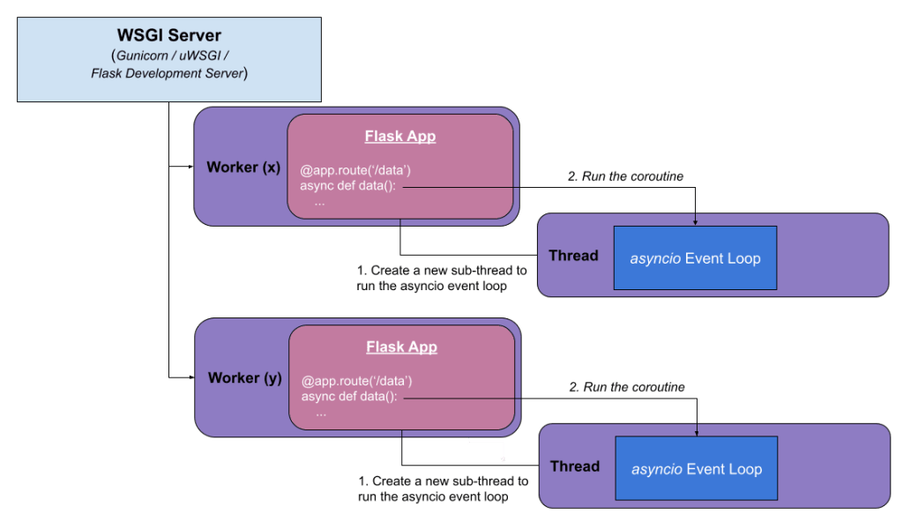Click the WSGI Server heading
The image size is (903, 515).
[168, 35]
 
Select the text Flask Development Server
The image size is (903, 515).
[167, 73]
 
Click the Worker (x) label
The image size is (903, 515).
[243, 168]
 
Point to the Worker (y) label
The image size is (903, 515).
[244, 377]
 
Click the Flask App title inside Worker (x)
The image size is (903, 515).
[399, 137]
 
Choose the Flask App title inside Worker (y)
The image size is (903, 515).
[401, 347]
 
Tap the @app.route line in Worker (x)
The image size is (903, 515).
[355, 170]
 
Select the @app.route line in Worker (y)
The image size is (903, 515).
[357, 381]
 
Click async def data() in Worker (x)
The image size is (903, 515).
[348, 186]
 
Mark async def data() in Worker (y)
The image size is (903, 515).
[350, 397]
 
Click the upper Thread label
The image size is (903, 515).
[573, 256]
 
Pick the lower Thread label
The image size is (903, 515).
[575, 466]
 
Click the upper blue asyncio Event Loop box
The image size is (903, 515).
[695, 258]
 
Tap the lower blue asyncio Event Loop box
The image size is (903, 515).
[697, 469]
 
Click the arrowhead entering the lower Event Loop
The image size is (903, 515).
[698, 432]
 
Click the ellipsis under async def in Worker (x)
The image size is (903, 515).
[319, 202]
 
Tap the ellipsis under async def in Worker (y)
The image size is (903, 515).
[321, 413]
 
